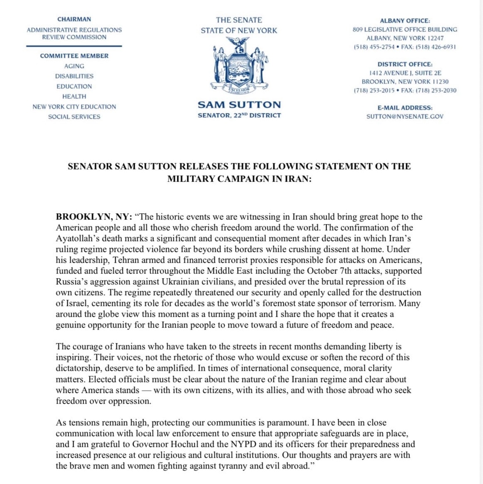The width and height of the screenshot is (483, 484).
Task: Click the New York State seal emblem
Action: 239,64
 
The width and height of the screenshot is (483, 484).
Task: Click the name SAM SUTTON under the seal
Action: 239,105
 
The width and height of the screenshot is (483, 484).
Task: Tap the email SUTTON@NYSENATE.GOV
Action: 405,116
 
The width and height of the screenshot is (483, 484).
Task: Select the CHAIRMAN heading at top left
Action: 74,19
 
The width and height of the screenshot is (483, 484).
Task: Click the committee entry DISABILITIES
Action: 74,76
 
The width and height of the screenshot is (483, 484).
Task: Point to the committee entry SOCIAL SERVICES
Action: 74,117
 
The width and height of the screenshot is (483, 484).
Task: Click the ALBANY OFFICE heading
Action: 405,20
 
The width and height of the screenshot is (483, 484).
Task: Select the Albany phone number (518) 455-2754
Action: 374,47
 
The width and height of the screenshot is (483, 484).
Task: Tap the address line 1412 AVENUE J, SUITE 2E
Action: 405,73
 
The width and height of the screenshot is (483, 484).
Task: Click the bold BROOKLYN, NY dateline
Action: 94,217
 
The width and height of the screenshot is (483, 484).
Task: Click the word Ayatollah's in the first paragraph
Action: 79,239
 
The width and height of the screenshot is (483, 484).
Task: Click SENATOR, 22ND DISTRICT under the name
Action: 239,115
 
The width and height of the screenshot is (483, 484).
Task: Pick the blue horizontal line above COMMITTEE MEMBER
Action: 74,46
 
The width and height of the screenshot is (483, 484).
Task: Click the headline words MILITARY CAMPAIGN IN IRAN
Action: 239,179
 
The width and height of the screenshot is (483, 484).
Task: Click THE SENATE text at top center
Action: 239,20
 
